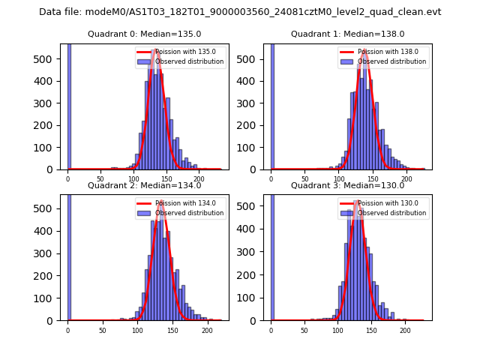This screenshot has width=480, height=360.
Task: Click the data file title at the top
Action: coord(240,12)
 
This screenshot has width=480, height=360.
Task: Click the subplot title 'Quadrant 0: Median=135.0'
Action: coord(144,34)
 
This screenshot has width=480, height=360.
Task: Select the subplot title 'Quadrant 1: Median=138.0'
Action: coord(347,34)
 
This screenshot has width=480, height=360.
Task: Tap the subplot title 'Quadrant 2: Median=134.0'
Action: coord(144,185)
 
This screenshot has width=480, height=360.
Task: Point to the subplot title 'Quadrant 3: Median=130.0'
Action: coord(347,185)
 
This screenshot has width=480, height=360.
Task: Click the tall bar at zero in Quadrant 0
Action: coord(69,105)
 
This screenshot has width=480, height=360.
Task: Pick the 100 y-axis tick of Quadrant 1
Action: coord(255,147)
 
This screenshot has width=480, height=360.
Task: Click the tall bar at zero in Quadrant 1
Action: coord(272,105)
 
